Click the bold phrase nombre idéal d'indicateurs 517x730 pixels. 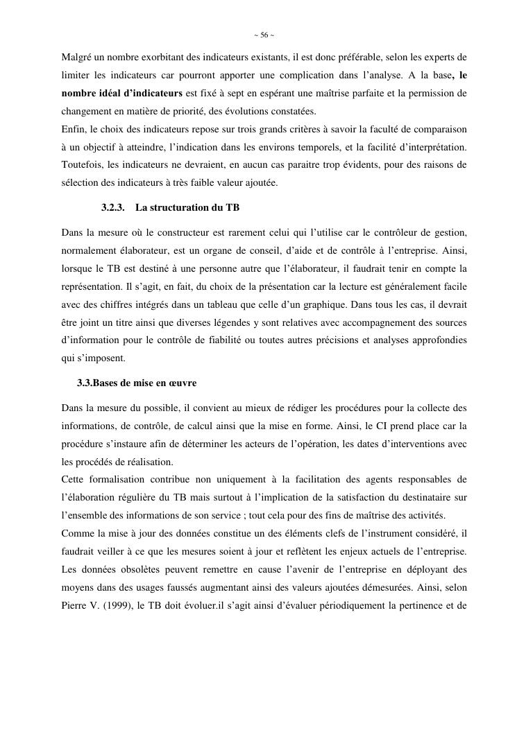pyautogui.click(x=122, y=93)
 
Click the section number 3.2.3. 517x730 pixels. pyautogui.click(x=112, y=207)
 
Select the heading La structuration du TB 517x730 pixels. pyautogui.click(x=187, y=207)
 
